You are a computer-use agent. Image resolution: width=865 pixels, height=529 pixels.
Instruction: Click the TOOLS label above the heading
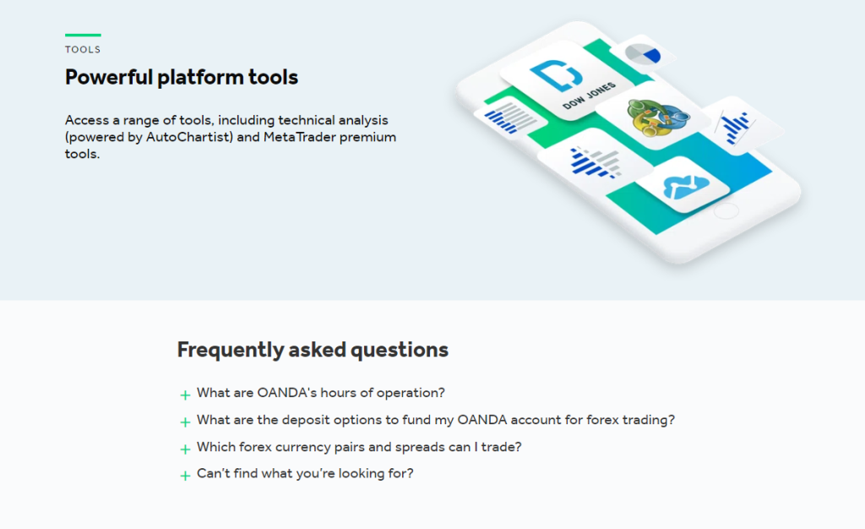(83, 50)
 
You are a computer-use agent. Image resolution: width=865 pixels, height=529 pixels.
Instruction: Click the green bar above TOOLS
(83, 35)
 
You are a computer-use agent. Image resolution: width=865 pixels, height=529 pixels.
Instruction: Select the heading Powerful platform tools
(182, 78)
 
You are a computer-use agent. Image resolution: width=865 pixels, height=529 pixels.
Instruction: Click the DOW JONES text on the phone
(590, 96)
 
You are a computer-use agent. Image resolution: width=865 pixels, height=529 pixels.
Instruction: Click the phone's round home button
(726, 210)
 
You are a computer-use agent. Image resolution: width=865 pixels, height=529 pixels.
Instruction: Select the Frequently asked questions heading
(313, 350)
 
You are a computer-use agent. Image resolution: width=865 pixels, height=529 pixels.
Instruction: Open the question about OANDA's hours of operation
(321, 393)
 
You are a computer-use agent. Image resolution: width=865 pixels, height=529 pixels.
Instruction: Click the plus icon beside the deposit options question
(185, 422)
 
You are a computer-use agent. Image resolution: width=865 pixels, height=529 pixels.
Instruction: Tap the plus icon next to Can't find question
(185, 476)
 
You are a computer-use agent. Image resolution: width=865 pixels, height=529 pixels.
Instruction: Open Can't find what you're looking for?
(305, 474)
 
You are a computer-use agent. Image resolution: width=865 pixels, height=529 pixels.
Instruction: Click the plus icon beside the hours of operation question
(185, 395)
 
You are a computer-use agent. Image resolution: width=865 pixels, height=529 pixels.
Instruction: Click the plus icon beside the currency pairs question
(185, 449)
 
